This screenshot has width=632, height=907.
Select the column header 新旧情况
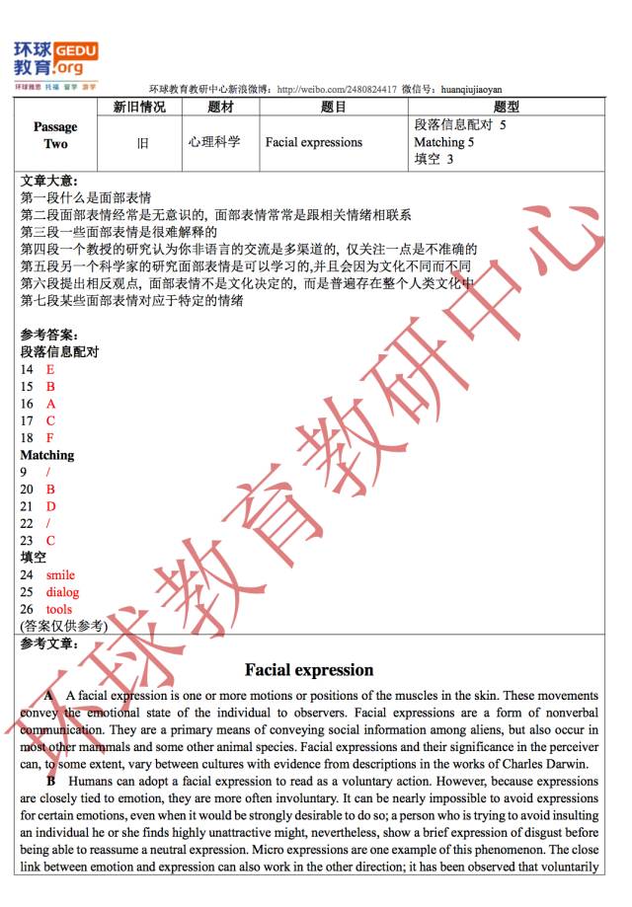tap(139, 107)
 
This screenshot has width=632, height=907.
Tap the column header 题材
tap(220, 107)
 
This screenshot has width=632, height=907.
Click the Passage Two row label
tap(55, 135)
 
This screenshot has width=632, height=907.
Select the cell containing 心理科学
tap(214, 142)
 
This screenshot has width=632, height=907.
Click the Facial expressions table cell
tap(313, 142)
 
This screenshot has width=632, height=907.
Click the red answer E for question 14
tap(50, 369)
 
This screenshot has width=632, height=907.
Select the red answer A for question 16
tap(50, 404)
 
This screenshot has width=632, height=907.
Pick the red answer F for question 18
tap(50, 438)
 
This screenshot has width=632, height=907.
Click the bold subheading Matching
tap(46, 455)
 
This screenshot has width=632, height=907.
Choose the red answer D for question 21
tap(50, 506)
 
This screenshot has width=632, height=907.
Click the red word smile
tap(60, 574)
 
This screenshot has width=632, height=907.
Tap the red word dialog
tap(62, 592)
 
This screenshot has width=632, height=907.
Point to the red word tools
tap(59, 609)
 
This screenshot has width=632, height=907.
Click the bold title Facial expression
tap(309, 670)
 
